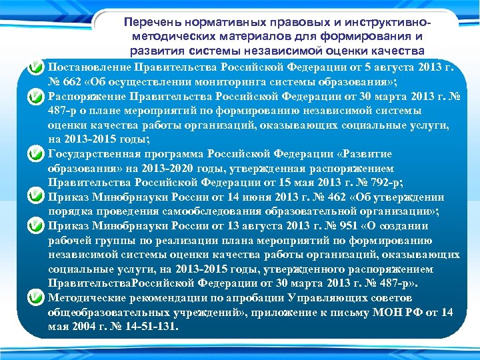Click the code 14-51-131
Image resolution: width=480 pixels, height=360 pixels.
pos(153,327)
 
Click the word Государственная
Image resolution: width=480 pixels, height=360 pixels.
pos(94,154)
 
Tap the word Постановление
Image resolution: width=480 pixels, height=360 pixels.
pos(90,68)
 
